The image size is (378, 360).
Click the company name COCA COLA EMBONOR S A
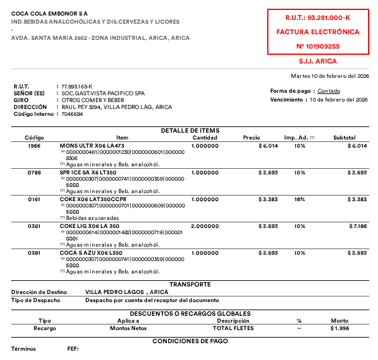[x=49, y=12]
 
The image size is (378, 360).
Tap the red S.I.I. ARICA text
[x=318, y=61]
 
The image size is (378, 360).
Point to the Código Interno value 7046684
[x=71, y=114]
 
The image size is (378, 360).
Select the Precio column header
[x=252, y=137]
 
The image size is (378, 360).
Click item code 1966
[x=34, y=145]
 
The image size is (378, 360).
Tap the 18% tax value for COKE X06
[x=300, y=199]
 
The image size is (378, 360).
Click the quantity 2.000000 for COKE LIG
[x=205, y=226]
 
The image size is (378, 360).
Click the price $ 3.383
[x=268, y=199]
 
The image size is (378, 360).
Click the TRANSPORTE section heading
[x=190, y=284]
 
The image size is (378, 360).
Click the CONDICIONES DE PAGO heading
[x=190, y=341]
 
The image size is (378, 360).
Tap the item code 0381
[x=34, y=253]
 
